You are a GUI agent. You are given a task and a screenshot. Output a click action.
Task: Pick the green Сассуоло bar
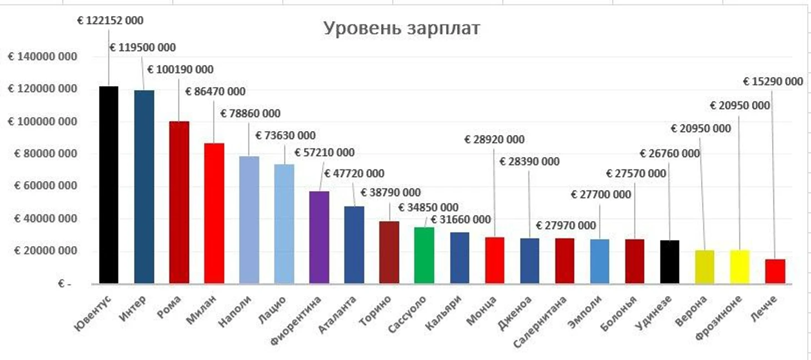click(x=424, y=255)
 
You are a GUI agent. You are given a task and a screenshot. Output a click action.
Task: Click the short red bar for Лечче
click(x=775, y=271)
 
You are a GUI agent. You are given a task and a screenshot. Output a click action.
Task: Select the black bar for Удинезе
click(x=669, y=262)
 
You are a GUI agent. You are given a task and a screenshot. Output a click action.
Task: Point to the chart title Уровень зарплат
click(x=401, y=28)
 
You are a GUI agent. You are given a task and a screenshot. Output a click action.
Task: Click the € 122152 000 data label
click(x=110, y=21)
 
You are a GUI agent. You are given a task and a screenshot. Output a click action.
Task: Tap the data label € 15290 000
click(x=773, y=82)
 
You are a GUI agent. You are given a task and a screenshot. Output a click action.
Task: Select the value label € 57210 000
click(x=324, y=152)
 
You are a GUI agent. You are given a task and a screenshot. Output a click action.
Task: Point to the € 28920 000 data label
click(x=494, y=139)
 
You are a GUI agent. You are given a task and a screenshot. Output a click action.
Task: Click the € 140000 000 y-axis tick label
click(x=42, y=57)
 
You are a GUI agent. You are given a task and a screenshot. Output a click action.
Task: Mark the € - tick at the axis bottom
click(x=64, y=284)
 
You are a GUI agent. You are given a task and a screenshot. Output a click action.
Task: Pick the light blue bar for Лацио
click(x=284, y=224)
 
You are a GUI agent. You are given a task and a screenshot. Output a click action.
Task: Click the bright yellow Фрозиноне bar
click(x=739, y=267)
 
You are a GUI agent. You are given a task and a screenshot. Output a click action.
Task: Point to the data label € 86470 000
click(x=215, y=91)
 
